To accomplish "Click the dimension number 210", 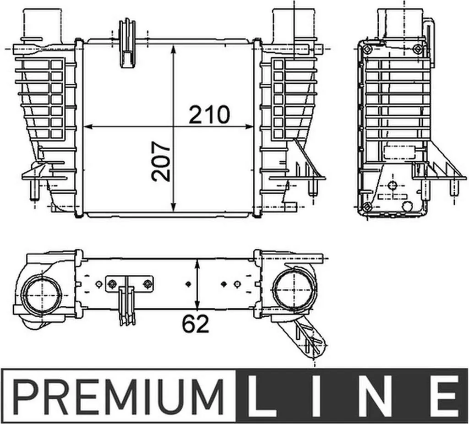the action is pyautogui.click(x=209, y=114).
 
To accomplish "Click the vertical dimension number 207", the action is pyautogui.click(x=161, y=162).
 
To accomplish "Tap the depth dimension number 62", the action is pyautogui.click(x=196, y=324).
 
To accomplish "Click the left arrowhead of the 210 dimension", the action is pyautogui.click(x=88, y=127).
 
